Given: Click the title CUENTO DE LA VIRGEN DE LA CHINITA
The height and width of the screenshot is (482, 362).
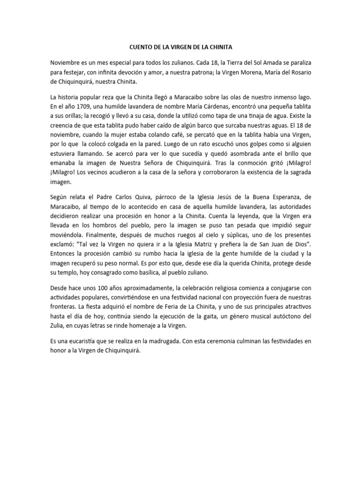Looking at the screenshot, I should click(x=181, y=47).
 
